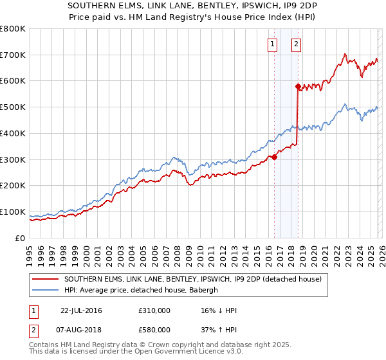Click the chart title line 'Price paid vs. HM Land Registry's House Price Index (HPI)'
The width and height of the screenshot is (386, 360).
point(193,17)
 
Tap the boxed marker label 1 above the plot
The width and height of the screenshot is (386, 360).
point(272,44)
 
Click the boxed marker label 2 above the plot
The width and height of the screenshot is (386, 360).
point(296,44)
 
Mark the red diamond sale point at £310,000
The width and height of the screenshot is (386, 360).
point(274,156)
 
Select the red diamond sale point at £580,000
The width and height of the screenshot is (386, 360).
point(298,85)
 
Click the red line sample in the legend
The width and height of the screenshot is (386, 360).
point(46,279)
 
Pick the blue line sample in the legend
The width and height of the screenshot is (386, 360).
point(46,289)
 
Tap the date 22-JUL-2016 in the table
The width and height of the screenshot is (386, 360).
point(81,310)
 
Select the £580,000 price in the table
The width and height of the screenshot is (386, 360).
point(154,330)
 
